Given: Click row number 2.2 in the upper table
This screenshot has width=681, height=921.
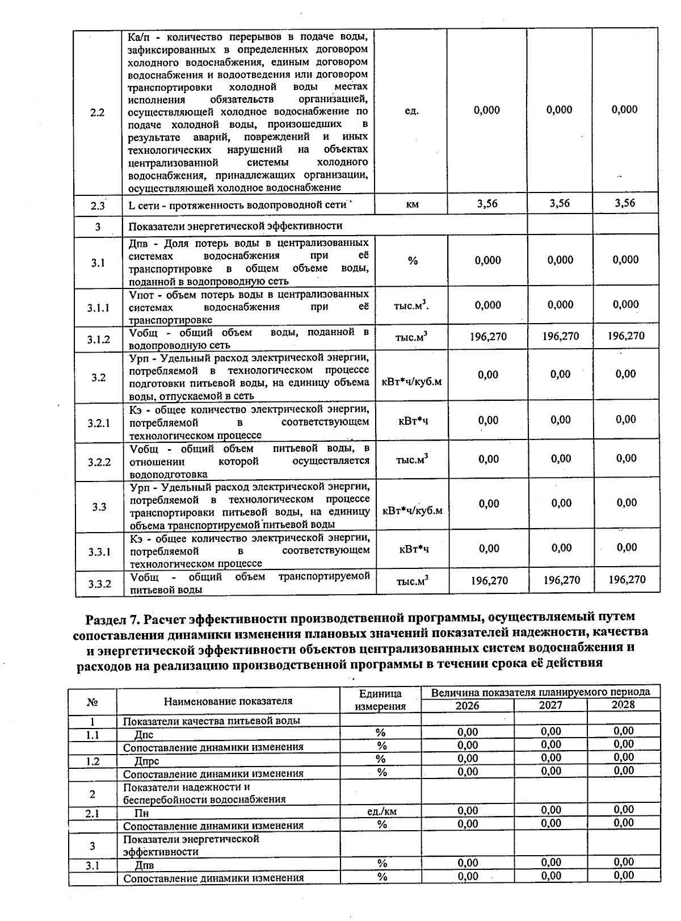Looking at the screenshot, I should (98, 112).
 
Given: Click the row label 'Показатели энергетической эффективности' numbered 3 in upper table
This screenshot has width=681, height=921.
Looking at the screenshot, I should (235, 226).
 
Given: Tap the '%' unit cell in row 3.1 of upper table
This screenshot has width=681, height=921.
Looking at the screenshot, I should (413, 261).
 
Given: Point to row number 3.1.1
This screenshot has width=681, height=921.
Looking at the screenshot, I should (98, 308).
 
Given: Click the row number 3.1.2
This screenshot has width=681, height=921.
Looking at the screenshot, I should (98, 340).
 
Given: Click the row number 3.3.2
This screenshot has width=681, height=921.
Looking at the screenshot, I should (99, 584).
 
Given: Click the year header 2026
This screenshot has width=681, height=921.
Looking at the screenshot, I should (467, 706).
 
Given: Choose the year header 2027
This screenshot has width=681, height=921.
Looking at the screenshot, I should (550, 706).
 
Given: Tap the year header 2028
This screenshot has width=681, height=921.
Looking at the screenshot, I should (623, 705).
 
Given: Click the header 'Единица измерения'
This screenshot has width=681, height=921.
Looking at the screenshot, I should (380, 700).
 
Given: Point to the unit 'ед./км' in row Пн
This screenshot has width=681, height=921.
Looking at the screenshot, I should (382, 811).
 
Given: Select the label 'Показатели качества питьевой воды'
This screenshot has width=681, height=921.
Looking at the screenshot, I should (211, 721).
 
